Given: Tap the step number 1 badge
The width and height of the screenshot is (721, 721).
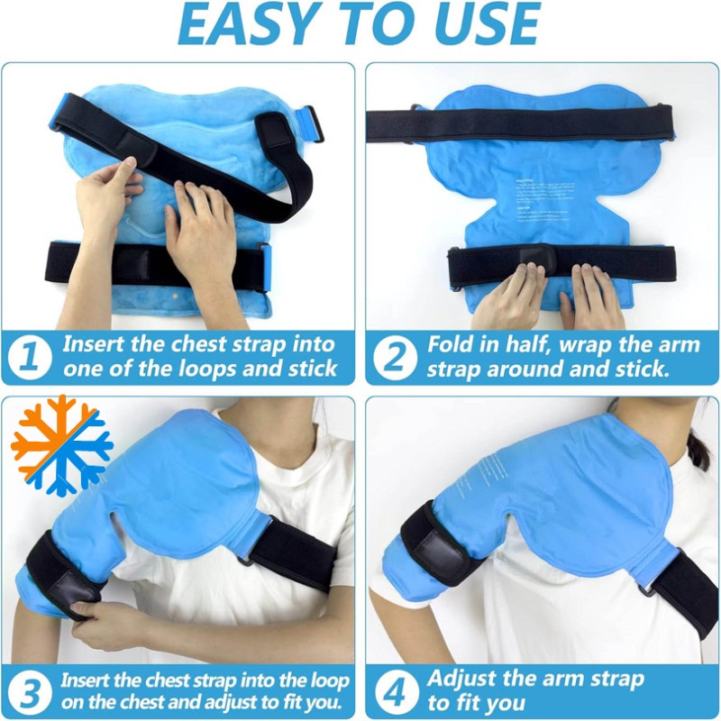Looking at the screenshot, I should click(x=30, y=358).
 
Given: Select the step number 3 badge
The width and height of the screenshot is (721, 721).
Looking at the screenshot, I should click(x=30, y=692).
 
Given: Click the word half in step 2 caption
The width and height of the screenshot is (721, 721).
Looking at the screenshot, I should click(x=534, y=345).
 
